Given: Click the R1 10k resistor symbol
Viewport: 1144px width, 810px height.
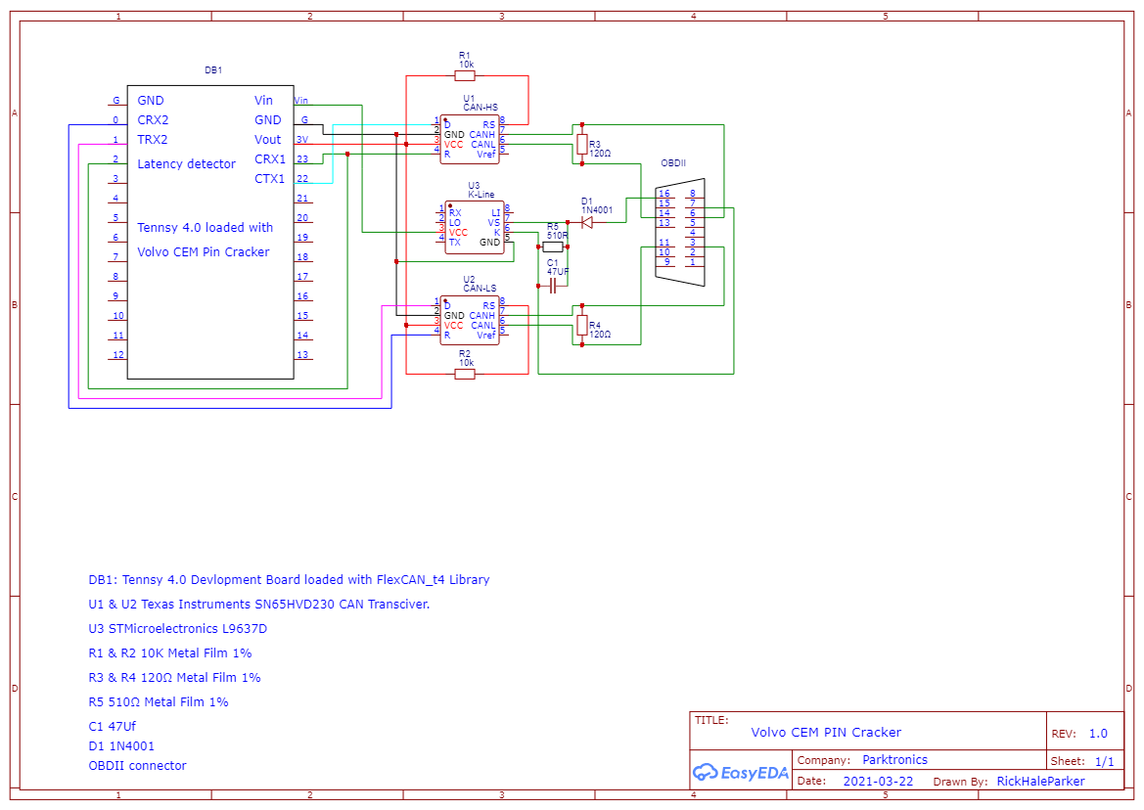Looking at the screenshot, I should click(465, 75).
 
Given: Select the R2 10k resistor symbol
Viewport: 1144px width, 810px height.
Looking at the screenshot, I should click(465, 374).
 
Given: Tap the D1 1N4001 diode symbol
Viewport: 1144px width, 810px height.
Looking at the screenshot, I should click(587, 223).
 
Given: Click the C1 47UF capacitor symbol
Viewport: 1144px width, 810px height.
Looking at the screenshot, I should click(553, 286).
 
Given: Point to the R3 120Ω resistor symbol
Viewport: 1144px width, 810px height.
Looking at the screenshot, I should click(582, 145).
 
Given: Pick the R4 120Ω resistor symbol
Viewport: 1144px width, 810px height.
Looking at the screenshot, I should click(582, 325).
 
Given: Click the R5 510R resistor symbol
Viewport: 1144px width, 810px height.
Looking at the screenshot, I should click(553, 247).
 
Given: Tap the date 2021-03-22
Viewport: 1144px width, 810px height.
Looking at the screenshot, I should click(878, 782).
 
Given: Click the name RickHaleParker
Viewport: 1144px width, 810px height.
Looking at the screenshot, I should click(1040, 782).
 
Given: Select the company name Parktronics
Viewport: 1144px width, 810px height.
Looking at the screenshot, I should click(894, 760).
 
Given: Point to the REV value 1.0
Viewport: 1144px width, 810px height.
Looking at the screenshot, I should click(1098, 734).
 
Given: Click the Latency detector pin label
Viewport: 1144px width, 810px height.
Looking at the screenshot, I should click(186, 163).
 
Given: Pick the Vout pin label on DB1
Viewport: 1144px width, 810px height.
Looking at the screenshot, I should click(267, 140).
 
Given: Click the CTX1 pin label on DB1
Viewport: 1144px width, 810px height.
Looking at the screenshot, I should click(269, 179).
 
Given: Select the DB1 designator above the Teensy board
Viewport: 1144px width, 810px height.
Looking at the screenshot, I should click(212, 70).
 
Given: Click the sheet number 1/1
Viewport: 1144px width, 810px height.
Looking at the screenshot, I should click(1104, 761).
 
